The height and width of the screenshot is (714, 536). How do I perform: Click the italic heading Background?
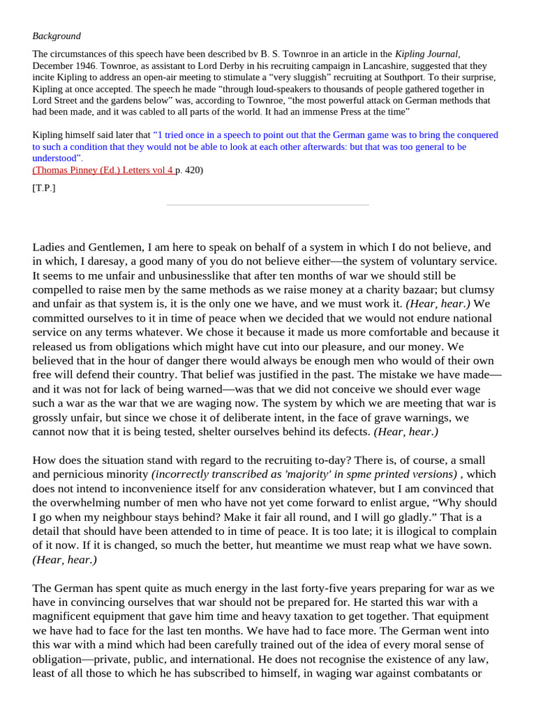pos(57,36)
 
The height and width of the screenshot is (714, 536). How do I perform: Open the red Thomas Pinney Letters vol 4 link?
pos(103,169)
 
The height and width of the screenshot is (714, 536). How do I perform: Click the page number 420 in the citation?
pos(192,169)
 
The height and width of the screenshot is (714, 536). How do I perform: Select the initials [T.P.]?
pos(44,188)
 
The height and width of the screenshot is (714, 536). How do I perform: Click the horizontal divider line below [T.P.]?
pos(267,205)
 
